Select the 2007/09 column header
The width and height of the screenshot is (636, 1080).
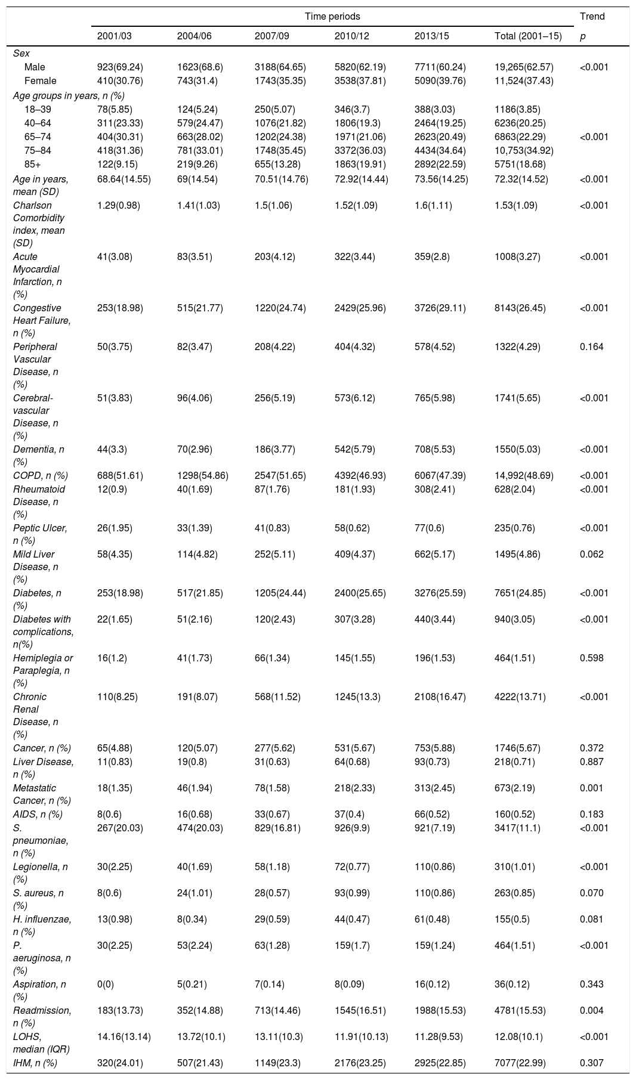[272, 36]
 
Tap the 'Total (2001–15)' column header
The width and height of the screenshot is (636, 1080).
[528, 36]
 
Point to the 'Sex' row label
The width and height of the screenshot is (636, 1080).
[21, 54]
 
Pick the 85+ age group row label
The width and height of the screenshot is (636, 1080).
[34, 164]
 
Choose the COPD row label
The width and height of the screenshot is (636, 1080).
[40, 475]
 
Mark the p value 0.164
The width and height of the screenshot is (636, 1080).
[591, 346]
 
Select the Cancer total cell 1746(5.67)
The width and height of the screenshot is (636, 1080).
[518, 748]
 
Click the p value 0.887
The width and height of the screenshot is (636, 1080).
[591, 762]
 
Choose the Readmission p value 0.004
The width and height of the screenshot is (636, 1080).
[591, 1011]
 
